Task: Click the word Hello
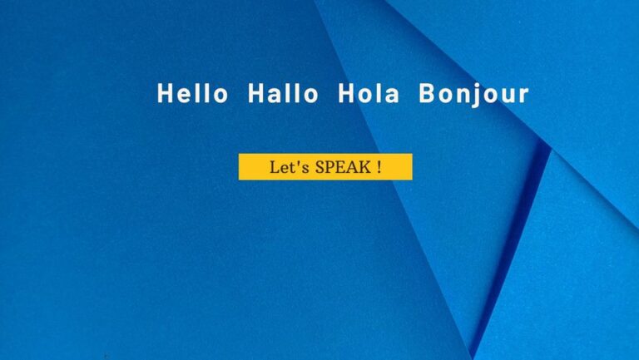coord(192,93)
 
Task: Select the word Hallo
coord(283,93)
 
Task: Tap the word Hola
coord(369,93)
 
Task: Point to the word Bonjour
coord(473,95)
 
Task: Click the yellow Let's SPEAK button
coord(325,166)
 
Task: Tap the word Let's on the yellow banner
coord(290,167)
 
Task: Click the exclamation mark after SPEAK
coord(379,167)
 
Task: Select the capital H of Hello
coord(165,93)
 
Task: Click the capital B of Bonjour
coord(427,93)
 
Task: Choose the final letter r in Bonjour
coord(523,96)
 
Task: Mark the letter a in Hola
coord(391,96)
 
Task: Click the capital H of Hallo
coord(256,93)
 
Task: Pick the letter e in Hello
coord(187,96)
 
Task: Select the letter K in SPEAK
coord(364,167)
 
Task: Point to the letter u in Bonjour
coord(508,96)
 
